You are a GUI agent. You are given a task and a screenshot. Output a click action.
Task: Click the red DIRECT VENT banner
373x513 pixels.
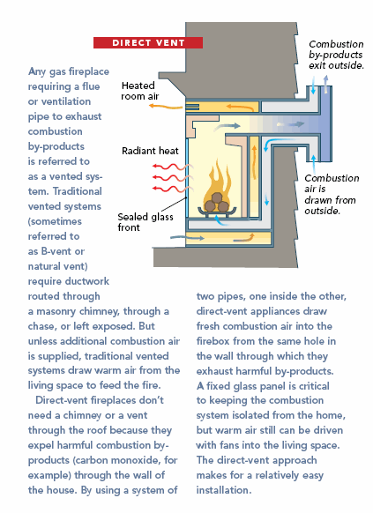148,43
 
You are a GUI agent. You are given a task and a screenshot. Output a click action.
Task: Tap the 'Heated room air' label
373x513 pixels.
139,91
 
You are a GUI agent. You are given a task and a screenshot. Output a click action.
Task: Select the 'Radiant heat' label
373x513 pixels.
150,151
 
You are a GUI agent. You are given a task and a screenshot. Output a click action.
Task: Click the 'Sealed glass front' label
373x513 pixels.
145,222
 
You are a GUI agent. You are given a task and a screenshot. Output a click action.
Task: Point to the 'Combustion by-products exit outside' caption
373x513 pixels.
336,55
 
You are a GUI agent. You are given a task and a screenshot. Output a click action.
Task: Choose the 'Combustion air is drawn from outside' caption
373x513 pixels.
332,194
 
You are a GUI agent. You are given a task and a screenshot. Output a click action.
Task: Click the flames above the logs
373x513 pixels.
218,182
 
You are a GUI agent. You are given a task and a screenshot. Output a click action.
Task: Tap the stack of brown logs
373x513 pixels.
216,203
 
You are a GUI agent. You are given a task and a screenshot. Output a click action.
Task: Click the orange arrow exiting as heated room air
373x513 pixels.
165,107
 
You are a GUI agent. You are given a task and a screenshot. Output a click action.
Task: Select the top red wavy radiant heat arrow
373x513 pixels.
171,167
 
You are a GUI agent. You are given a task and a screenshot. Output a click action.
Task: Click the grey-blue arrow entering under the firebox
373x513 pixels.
187,238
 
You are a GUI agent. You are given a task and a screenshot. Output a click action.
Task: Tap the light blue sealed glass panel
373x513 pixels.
187,178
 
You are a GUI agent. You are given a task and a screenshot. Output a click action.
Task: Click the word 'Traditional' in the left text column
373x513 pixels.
78,191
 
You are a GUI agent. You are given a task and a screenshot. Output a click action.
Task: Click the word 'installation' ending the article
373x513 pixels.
222,490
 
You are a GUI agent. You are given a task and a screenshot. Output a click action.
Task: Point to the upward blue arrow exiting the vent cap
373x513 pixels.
325,84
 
